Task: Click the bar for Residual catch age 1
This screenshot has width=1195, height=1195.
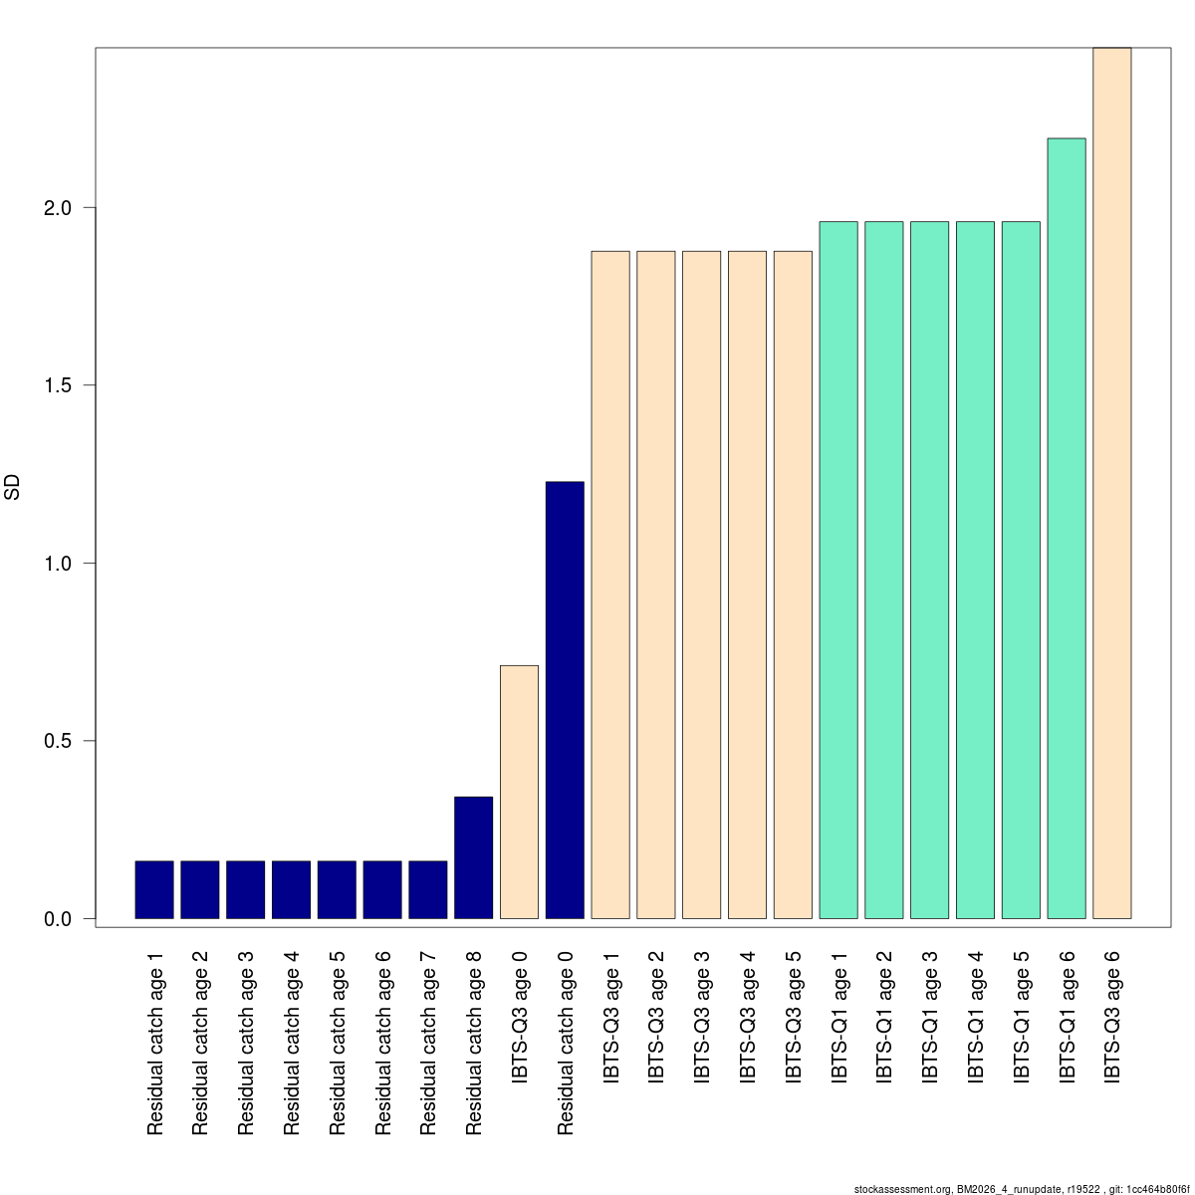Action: click(154, 889)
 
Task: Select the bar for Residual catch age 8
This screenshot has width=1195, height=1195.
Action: click(473, 857)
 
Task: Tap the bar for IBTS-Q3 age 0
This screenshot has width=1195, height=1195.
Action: click(519, 792)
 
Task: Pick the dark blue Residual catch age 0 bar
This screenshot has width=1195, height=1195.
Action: click(565, 700)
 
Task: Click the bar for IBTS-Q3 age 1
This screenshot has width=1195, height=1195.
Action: click(610, 585)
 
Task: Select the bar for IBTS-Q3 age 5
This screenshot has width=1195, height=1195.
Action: click(793, 585)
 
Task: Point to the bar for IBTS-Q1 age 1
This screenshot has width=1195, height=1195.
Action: click(838, 570)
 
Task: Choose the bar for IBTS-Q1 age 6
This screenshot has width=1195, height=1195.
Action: click(1067, 528)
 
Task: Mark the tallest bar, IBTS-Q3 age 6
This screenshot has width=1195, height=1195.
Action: click(1112, 483)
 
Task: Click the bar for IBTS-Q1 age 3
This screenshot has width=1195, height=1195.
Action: click(929, 570)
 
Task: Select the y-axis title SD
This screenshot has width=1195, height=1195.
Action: click(13, 488)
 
